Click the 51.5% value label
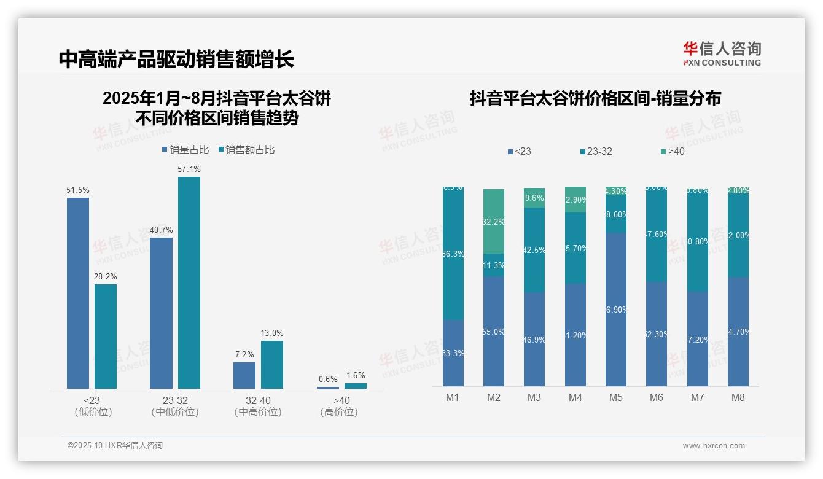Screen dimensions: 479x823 [x=78, y=190]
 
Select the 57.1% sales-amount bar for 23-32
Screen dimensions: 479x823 [x=189, y=282]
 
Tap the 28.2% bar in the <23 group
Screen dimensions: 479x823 [x=106, y=336]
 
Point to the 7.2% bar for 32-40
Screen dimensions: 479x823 [x=244, y=375]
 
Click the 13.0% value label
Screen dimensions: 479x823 [x=272, y=333]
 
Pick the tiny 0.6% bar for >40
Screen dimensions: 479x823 [x=328, y=387]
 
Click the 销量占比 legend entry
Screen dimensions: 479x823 [x=185, y=150]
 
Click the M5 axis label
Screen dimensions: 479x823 [x=616, y=397]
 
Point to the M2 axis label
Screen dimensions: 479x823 [x=494, y=397]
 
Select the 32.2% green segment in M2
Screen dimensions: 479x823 [x=494, y=222]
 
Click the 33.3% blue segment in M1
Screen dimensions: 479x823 [x=453, y=352]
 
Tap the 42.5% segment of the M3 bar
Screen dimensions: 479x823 [x=534, y=250]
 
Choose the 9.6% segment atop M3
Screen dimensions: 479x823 [x=534, y=198]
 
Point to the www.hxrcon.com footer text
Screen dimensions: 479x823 [x=714, y=446]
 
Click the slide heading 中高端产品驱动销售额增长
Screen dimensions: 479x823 [x=177, y=59]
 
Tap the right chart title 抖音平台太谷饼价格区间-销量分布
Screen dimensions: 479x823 [x=595, y=98]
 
